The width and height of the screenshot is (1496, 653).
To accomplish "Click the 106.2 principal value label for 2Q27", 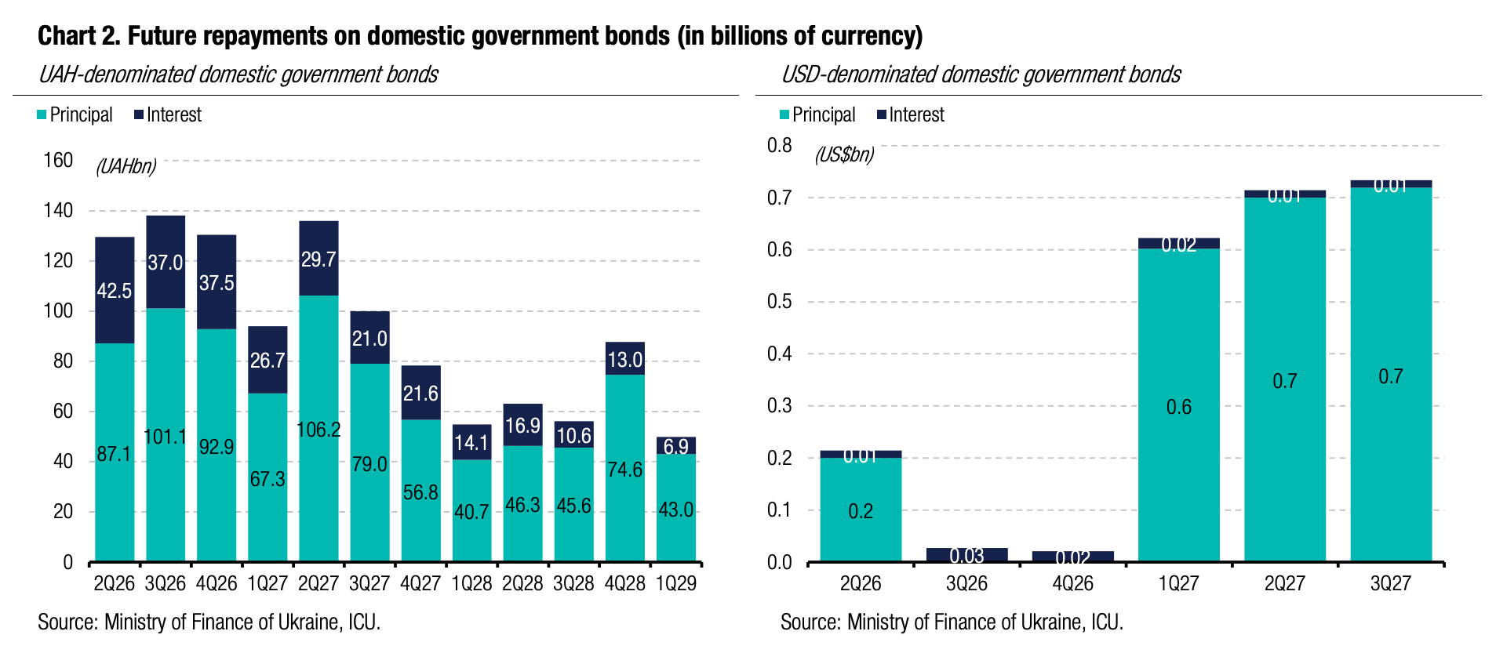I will pos(318,430).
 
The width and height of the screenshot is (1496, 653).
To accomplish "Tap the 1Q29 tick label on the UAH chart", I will pos(675,584).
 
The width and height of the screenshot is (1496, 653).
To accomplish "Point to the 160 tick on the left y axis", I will pos(58,161).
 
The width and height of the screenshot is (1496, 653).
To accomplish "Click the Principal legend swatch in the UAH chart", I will pos(42,115).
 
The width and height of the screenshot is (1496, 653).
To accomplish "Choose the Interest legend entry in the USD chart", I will pos(911,115).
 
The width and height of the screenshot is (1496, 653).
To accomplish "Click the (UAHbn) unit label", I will pos(126,166).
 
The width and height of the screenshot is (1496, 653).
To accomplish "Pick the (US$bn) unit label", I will pos(844,154).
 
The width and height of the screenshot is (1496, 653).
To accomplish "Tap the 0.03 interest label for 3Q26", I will pos(966,556).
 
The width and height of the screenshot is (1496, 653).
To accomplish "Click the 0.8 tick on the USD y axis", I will pos(779,145).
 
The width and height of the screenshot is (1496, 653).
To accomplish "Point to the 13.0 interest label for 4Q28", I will pos(624,360).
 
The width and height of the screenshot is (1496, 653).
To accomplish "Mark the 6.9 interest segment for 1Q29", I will pos(675,445).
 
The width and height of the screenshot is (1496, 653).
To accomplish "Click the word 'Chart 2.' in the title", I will pos(79,36).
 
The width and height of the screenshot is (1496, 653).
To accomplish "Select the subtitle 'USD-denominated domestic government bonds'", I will pos(981,74).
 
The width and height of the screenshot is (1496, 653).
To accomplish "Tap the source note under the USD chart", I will pos(952,622).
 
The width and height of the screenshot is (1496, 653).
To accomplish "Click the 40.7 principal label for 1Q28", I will pos(471,512).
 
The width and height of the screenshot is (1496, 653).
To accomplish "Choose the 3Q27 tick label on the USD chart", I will pos(1390,584).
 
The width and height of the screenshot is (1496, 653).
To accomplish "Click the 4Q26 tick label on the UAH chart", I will pos(217,584).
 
